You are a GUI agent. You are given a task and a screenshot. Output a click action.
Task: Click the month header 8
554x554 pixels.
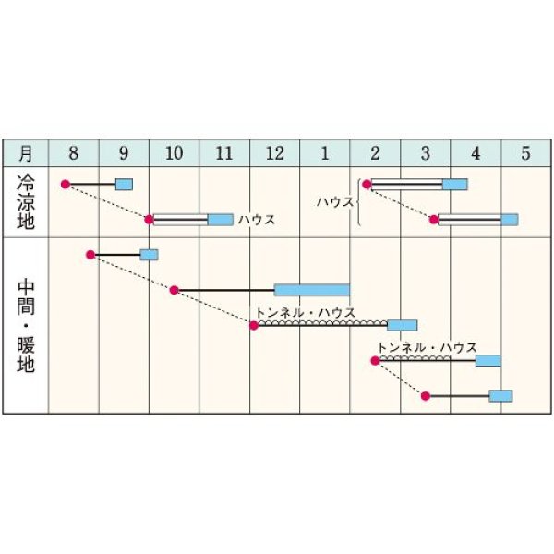coord(73,153)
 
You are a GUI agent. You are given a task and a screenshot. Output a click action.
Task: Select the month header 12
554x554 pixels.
coord(274,153)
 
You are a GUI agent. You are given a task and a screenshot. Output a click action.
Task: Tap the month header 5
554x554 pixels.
coord(525,153)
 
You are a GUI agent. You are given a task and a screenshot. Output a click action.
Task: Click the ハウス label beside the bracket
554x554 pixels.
coord(333,200)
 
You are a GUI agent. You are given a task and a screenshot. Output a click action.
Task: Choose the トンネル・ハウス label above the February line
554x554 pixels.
coord(428,347)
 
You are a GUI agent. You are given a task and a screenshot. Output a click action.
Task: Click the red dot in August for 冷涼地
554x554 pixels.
coord(65,185)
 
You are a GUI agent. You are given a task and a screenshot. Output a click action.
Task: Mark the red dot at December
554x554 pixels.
coord(254,325)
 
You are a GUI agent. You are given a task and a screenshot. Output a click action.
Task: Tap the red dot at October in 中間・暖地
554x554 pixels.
coord(174,290)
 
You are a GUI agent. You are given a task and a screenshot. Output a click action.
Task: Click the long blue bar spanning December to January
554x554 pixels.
coord(311,290)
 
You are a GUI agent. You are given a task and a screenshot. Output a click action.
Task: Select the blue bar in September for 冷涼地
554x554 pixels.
coord(124,185)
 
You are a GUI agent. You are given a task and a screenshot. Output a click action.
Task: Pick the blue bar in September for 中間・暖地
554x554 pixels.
coord(149,255)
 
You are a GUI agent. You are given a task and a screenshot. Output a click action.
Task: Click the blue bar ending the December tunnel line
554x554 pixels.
coord(402,325)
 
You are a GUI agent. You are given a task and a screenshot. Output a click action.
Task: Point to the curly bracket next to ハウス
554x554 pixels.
coord(357,201)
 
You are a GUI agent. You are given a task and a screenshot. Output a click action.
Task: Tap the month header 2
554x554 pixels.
coord(375,153)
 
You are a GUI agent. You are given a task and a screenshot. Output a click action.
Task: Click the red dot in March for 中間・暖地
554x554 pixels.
coord(425,396)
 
